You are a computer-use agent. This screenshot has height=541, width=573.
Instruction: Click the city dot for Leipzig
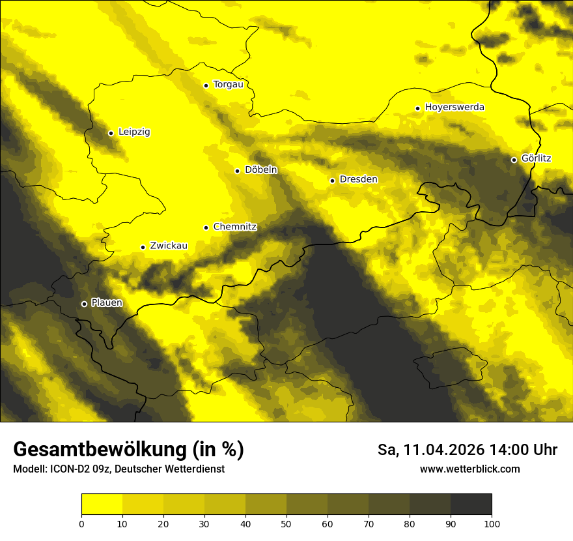111,133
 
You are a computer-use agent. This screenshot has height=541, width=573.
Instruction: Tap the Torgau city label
228,85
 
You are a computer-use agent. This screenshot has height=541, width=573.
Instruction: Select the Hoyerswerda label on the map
454,107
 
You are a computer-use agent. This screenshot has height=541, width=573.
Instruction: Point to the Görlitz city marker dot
514,160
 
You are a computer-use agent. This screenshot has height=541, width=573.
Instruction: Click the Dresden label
358,179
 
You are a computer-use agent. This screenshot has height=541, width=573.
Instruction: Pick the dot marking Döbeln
237,171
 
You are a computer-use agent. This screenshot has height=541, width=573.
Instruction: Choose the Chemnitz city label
234,227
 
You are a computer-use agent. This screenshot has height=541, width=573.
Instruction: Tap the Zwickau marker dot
143,247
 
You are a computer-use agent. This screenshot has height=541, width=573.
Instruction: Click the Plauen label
106,303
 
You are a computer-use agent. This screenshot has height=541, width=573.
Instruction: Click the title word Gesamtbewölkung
96,450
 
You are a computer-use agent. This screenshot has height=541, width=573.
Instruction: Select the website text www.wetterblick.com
469,469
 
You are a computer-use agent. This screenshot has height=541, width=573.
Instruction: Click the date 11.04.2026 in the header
443,450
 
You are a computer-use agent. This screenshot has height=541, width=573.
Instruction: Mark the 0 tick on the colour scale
81,523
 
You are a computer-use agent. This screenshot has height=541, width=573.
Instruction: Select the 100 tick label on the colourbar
492,523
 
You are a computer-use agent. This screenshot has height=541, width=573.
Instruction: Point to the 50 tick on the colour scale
286,523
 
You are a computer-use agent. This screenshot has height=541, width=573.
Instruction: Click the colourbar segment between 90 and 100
471,504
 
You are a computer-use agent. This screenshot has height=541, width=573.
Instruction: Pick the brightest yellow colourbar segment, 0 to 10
102,504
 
